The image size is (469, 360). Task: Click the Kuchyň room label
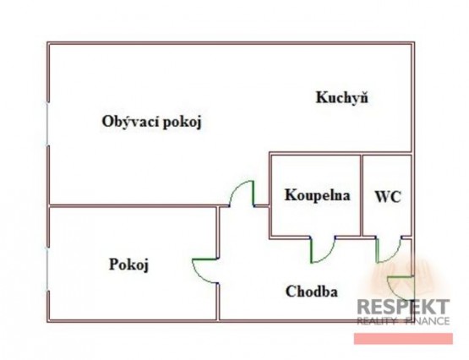point(342,98)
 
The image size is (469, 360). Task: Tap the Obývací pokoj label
point(152,122)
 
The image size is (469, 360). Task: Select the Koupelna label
point(318,195)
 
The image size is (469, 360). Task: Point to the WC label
point(388,197)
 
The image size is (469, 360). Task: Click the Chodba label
point(312,292)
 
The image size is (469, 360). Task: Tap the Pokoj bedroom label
point(128,265)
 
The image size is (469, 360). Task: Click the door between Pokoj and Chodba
point(205,270)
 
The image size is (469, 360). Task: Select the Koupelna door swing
point(323,249)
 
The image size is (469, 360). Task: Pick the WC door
point(389,250)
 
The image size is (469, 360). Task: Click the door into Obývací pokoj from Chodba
point(242,194)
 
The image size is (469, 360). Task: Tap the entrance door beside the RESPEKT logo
point(401,288)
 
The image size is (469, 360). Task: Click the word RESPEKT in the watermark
point(403,307)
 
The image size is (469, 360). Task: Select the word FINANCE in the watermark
point(428,321)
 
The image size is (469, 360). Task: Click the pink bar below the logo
point(403,339)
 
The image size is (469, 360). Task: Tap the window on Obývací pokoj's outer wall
point(47,124)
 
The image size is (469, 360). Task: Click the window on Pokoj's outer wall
point(47,269)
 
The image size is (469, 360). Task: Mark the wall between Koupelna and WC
point(362,195)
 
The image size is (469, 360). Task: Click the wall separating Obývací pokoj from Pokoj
point(133,206)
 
